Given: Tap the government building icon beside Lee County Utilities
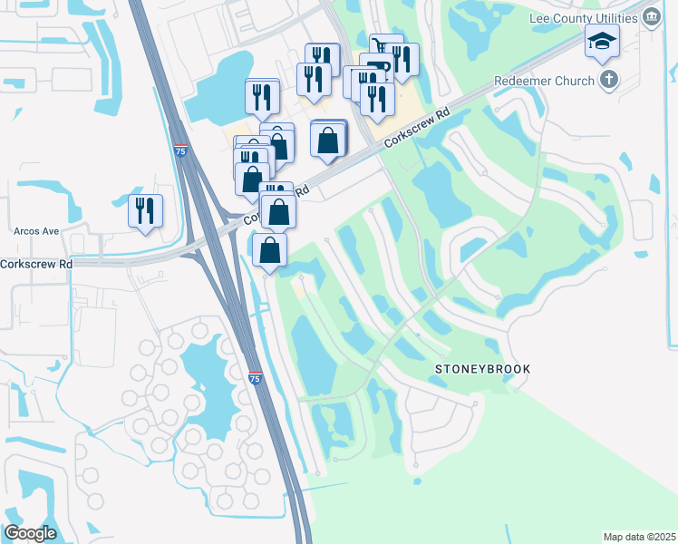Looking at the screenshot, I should point(651,18).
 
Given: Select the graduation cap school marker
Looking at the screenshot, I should point(601,41).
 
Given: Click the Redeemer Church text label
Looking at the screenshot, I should point(544,81).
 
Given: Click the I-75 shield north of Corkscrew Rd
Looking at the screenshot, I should point(179,152).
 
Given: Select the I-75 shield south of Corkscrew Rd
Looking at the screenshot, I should point(255,378).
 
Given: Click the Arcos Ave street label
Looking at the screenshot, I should point(36,231).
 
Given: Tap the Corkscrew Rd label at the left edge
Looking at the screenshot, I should point(36,265).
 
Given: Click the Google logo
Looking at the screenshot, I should point(30,532).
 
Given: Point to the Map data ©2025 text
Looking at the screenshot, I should point(639,537).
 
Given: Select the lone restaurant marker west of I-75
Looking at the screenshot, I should point(146,210).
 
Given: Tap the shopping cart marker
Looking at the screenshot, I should point(386,48).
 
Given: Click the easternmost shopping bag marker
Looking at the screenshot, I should point(328,140).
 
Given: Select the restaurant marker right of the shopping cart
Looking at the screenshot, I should point(403,60).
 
